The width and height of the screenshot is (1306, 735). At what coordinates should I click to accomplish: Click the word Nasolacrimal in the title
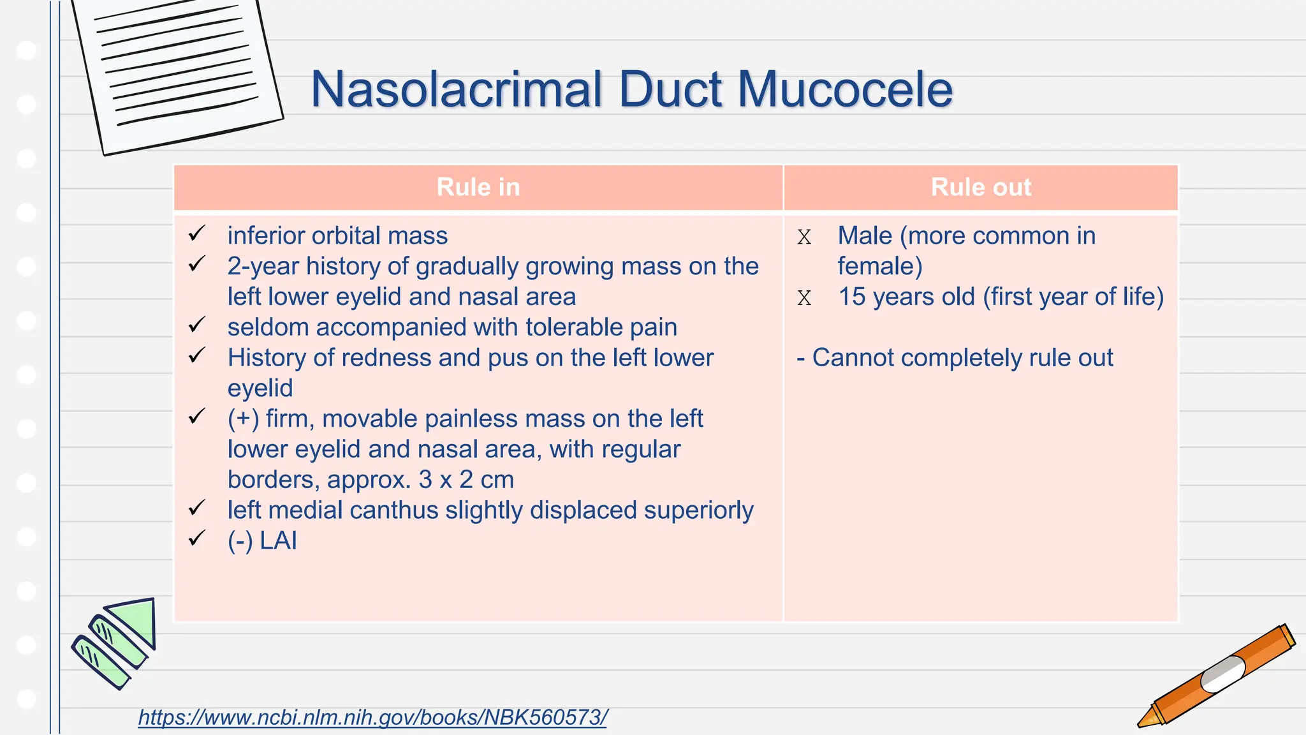pos(457,89)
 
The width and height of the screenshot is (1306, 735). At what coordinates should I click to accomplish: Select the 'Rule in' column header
pos(478,187)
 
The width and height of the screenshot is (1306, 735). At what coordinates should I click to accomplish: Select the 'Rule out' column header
pos(981,187)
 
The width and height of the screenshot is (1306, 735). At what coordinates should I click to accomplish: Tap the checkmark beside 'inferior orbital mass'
pos(197,234)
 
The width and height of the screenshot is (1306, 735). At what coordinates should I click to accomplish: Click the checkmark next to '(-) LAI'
pos(197,538)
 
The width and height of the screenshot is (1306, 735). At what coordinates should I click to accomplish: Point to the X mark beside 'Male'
pos(804,237)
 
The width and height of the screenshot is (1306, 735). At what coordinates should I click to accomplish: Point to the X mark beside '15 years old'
pos(804,298)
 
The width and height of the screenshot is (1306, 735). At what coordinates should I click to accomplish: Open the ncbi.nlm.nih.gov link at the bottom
pos(373,717)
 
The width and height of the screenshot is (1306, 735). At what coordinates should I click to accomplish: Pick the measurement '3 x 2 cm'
pos(466,480)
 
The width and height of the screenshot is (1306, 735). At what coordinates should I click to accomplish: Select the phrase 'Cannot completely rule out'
pos(962,358)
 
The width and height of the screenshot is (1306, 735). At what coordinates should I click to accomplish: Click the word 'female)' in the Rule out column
pos(880,266)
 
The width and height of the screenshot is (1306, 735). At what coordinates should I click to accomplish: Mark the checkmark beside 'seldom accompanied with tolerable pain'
pos(197,325)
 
